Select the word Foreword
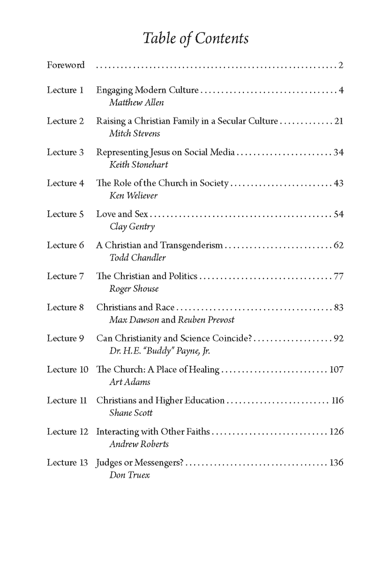[66, 65]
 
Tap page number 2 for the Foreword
[341, 65]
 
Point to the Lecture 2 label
[65, 121]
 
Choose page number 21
[339, 121]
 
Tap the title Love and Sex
[122, 214]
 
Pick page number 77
[338, 276]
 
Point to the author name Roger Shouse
[127, 288]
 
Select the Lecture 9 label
[65, 338]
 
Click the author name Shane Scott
[124, 413]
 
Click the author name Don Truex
[123, 474]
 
